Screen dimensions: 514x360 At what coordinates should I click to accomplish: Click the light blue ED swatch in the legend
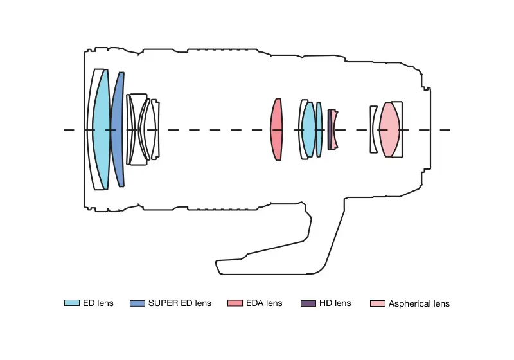(x=72, y=303)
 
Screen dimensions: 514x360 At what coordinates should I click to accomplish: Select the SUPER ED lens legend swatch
(x=137, y=303)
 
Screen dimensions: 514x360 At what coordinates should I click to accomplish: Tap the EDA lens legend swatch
(x=235, y=303)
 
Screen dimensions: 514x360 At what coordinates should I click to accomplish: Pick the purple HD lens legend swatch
(x=308, y=303)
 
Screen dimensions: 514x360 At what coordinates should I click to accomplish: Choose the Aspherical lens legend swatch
(x=378, y=303)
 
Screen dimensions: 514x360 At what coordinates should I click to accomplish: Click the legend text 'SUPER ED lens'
(x=180, y=303)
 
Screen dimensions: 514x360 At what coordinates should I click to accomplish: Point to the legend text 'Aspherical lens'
(x=419, y=303)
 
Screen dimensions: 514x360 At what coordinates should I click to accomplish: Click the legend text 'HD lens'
(x=335, y=303)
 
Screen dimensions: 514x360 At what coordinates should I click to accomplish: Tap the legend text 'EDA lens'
(x=264, y=303)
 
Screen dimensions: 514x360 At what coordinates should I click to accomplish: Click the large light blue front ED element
(x=101, y=129)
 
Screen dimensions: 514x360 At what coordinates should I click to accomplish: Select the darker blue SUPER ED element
(x=118, y=129)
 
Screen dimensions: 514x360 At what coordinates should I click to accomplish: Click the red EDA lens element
(x=276, y=129)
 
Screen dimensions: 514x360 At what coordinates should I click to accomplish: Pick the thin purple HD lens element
(x=330, y=129)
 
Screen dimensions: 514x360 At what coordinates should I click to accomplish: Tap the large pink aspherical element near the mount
(x=389, y=129)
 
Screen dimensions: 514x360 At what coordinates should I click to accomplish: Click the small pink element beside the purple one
(x=334, y=129)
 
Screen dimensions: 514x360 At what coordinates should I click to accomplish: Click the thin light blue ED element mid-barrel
(x=319, y=129)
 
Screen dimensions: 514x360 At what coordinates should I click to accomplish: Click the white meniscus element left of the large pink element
(x=372, y=129)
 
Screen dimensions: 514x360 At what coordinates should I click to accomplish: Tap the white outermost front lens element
(x=91, y=129)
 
